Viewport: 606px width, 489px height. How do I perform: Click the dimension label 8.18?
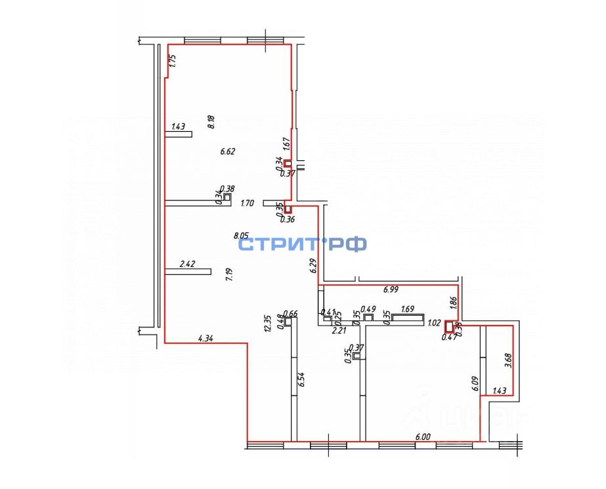coord(211,122)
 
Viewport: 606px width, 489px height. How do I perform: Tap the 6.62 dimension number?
coord(228,151)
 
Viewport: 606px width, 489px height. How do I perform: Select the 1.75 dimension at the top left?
coord(173,61)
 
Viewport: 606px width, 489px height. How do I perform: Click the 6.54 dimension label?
coord(301,380)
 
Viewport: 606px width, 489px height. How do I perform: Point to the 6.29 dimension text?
coord(313,266)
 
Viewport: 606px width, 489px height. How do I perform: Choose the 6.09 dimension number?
coord(474,383)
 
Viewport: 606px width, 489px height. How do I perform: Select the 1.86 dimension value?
coord(452,303)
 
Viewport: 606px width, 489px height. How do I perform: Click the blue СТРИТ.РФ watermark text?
coord(302,245)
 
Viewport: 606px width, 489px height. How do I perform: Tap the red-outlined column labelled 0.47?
coord(450,326)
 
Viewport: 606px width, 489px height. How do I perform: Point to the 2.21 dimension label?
coord(339,330)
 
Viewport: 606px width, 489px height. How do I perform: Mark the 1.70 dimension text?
coord(248,203)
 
